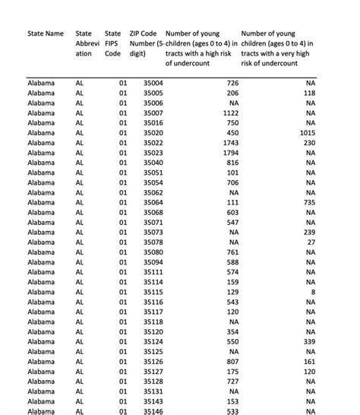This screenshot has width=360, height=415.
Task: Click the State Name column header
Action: pos(46,34)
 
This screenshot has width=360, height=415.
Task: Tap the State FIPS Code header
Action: pos(112,43)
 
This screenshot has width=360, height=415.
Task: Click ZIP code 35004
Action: pos(152,82)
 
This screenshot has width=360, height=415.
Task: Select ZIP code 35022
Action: pos(152,142)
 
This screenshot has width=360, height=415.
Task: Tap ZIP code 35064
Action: pos(152,202)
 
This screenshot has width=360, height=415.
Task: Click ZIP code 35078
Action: pos(152,242)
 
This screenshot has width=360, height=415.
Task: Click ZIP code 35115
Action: pos(152,292)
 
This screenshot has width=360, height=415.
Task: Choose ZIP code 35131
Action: pos(152,391)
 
